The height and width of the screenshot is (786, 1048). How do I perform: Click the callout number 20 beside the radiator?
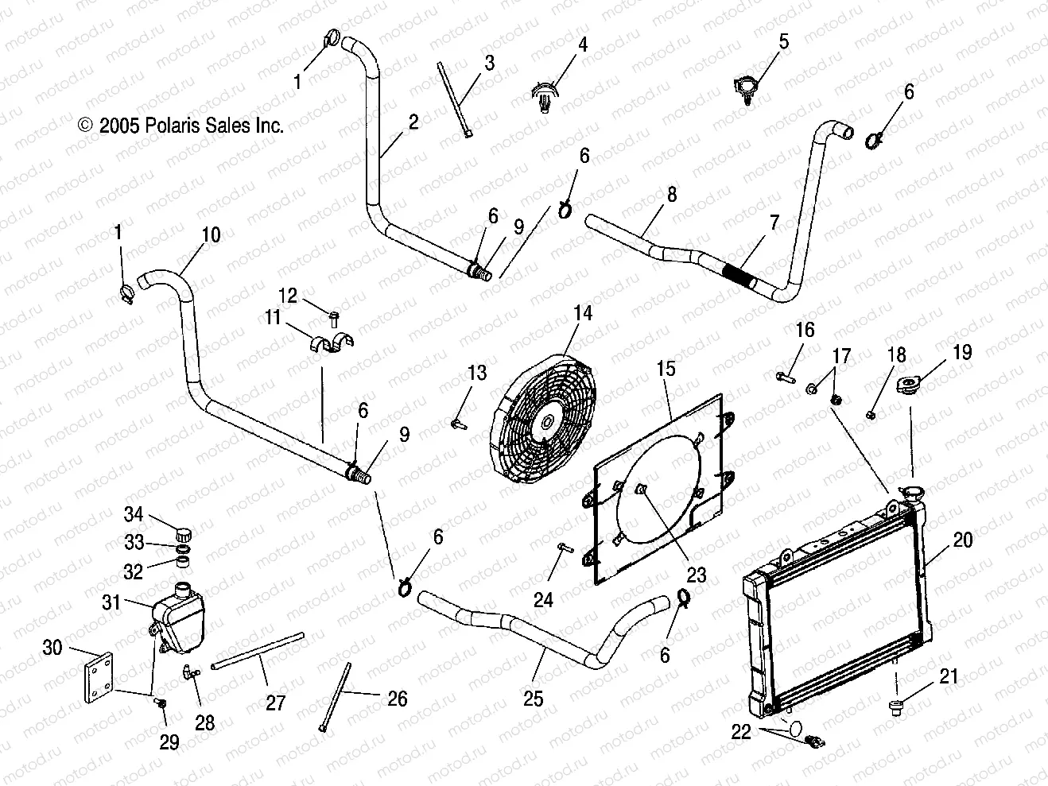pos(963,540)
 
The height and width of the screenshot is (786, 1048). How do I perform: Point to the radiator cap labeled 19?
pos(908,385)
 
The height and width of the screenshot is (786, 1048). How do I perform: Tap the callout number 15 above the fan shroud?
pos(666,369)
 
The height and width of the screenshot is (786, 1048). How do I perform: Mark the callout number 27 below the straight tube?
pos(275,703)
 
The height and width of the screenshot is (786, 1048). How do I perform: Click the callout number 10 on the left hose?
pos(211,235)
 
